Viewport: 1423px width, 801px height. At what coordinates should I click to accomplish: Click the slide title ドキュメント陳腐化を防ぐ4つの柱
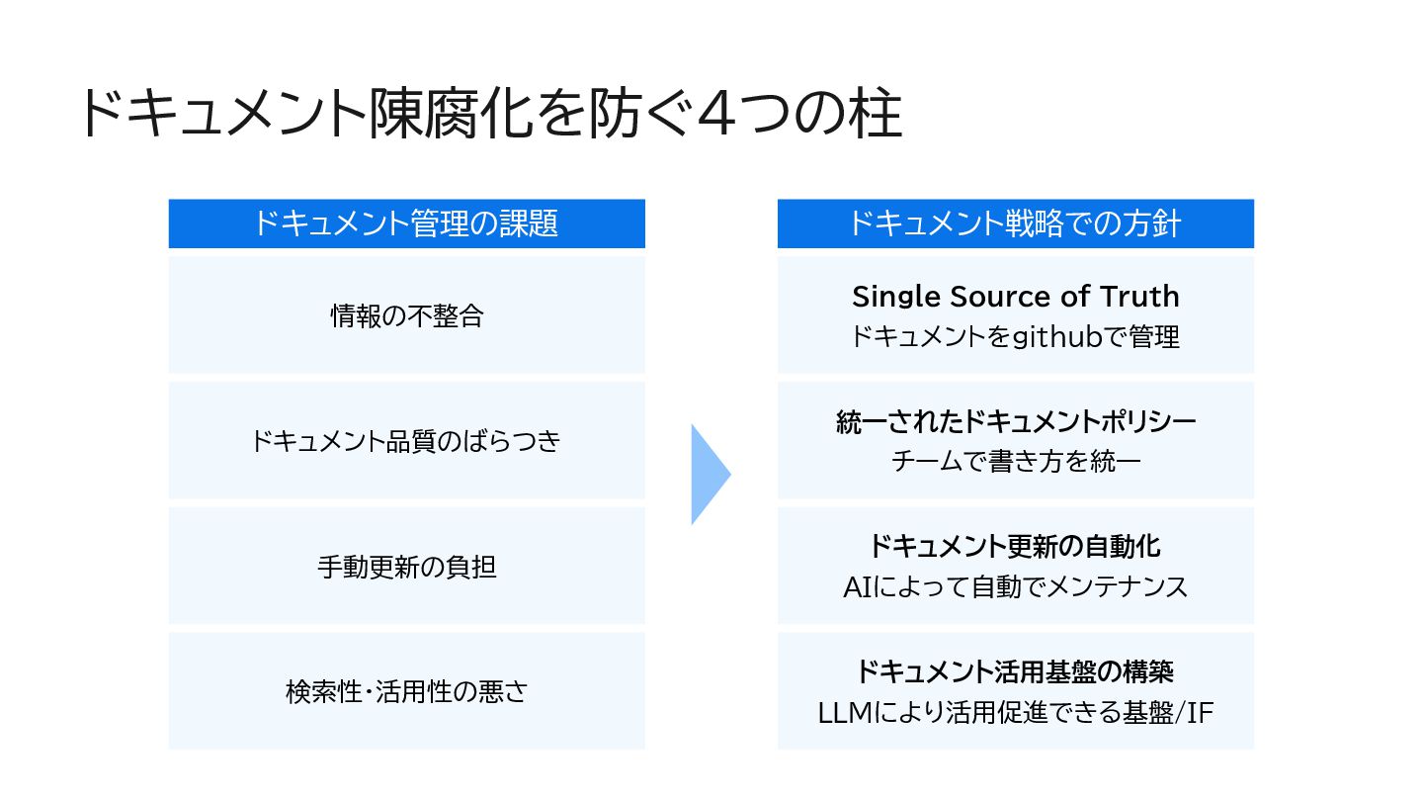point(489,116)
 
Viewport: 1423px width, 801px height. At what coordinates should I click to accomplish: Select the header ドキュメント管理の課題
point(406,223)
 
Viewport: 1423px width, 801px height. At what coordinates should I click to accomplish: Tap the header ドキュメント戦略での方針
point(1015,223)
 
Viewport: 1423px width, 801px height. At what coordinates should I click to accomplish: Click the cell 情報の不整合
point(406,316)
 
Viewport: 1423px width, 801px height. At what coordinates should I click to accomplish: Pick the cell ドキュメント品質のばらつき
point(406,441)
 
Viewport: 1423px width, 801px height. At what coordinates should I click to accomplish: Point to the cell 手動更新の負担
point(406,567)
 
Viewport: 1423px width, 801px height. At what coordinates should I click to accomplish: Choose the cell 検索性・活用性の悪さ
point(406,691)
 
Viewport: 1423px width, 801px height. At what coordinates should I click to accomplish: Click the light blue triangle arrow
point(709,474)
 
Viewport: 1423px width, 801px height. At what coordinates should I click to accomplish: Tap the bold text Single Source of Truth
point(1015,296)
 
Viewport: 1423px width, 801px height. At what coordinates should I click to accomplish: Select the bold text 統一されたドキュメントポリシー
point(1015,421)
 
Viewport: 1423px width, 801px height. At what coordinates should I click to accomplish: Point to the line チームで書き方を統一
point(1015,462)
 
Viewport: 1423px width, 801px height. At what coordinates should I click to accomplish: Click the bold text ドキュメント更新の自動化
point(1015,546)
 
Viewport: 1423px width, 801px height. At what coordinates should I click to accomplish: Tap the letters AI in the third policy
point(856,587)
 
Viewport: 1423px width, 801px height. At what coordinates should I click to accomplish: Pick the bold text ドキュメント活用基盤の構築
point(1015,671)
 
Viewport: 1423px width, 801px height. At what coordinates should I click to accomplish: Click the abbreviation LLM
point(843,712)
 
